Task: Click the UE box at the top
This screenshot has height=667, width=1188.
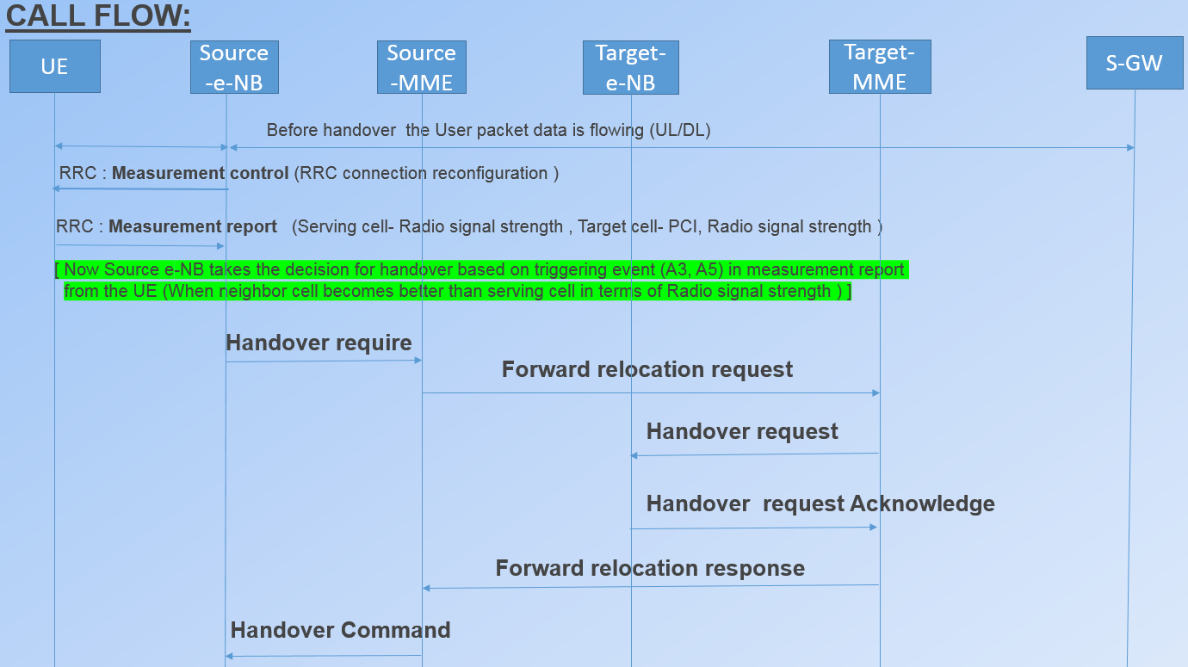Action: [54, 66]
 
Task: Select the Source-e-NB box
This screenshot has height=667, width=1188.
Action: [234, 67]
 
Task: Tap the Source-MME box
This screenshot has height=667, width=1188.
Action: [421, 67]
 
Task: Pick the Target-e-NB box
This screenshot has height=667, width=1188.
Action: [631, 67]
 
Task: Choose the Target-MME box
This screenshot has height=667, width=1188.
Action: [880, 67]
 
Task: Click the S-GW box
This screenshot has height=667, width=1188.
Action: [1134, 63]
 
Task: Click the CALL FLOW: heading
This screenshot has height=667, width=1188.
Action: [98, 15]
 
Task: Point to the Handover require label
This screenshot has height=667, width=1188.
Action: [319, 343]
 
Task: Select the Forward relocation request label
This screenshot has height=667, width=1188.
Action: [647, 369]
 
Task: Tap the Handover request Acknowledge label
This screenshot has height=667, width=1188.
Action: [820, 503]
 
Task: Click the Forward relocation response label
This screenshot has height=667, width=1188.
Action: [650, 568]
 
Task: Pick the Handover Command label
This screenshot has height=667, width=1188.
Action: [340, 630]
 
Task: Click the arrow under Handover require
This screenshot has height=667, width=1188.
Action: [324, 361]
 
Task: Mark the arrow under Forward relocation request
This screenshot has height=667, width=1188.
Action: [651, 393]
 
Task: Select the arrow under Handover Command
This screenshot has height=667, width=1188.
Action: [324, 656]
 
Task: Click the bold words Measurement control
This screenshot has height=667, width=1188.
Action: [200, 173]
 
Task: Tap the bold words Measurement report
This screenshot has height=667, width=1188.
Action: [193, 226]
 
